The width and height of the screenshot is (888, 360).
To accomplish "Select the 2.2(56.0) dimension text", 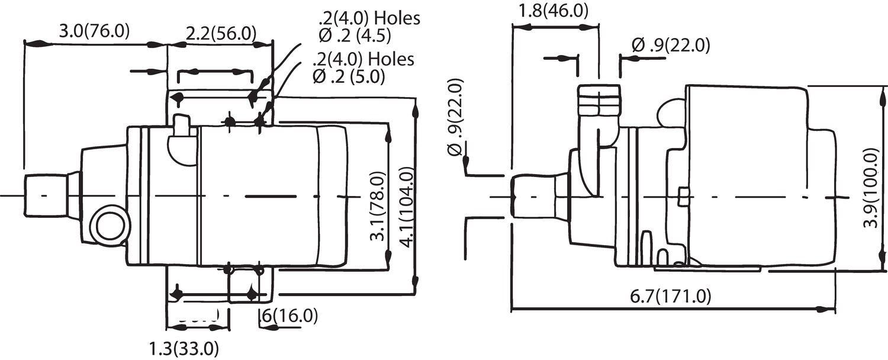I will point(221,33).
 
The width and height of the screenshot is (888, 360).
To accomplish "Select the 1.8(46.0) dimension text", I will point(553,11).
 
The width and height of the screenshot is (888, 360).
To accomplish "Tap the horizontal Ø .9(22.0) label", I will point(670,45).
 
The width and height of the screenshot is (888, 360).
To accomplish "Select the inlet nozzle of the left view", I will point(45,195).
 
